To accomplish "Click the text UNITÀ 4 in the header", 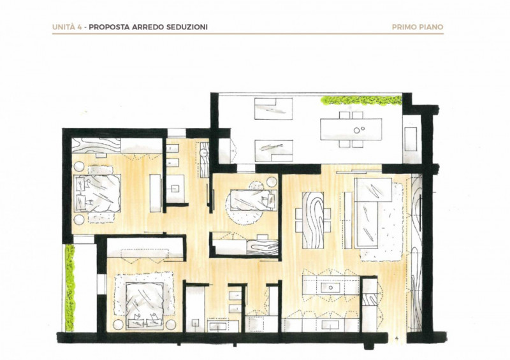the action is coord(67,27).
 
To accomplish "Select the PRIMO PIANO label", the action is coord(418,27).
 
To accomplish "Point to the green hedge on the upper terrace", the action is coord(361,101).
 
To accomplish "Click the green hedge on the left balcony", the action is coord(69,288).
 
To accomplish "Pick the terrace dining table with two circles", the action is coord(351,129).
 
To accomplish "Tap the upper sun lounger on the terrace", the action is coord(273,108).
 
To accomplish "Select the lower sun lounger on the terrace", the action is coord(273,150).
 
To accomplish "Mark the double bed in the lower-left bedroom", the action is coord(144,305).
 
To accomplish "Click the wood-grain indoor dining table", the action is coord(313,220).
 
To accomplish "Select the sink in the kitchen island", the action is coord(331,288).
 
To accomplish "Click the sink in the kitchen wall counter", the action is coord(331,324).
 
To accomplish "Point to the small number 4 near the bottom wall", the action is coord(397,338).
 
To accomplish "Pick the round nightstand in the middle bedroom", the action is coord(272,182).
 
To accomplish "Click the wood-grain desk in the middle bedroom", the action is coord(262,247).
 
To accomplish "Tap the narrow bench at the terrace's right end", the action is coord(411,139).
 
